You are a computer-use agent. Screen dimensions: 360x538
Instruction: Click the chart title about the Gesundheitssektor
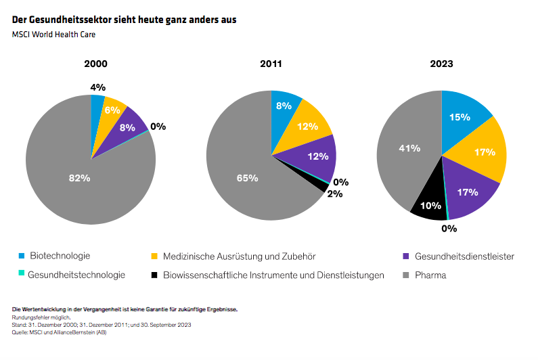pos(125,20)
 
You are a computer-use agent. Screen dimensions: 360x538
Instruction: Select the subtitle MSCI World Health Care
pos(53,35)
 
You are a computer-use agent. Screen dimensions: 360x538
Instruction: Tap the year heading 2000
pos(95,64)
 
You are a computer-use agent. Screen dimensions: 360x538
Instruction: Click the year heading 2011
pos(271,64)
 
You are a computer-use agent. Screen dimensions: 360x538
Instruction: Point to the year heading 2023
pos(441,64)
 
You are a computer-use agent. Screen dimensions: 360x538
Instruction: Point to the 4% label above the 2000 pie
pos(98,87)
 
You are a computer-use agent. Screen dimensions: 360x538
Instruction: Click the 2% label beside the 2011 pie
pos(335,194)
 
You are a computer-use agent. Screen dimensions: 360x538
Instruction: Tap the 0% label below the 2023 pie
pos(449,229)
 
